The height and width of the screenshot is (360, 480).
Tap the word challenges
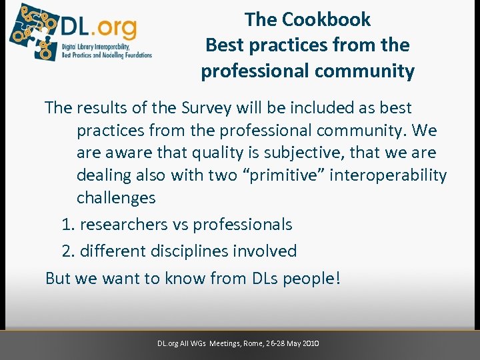(116, 198)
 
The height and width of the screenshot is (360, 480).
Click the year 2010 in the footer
(310, 343)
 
